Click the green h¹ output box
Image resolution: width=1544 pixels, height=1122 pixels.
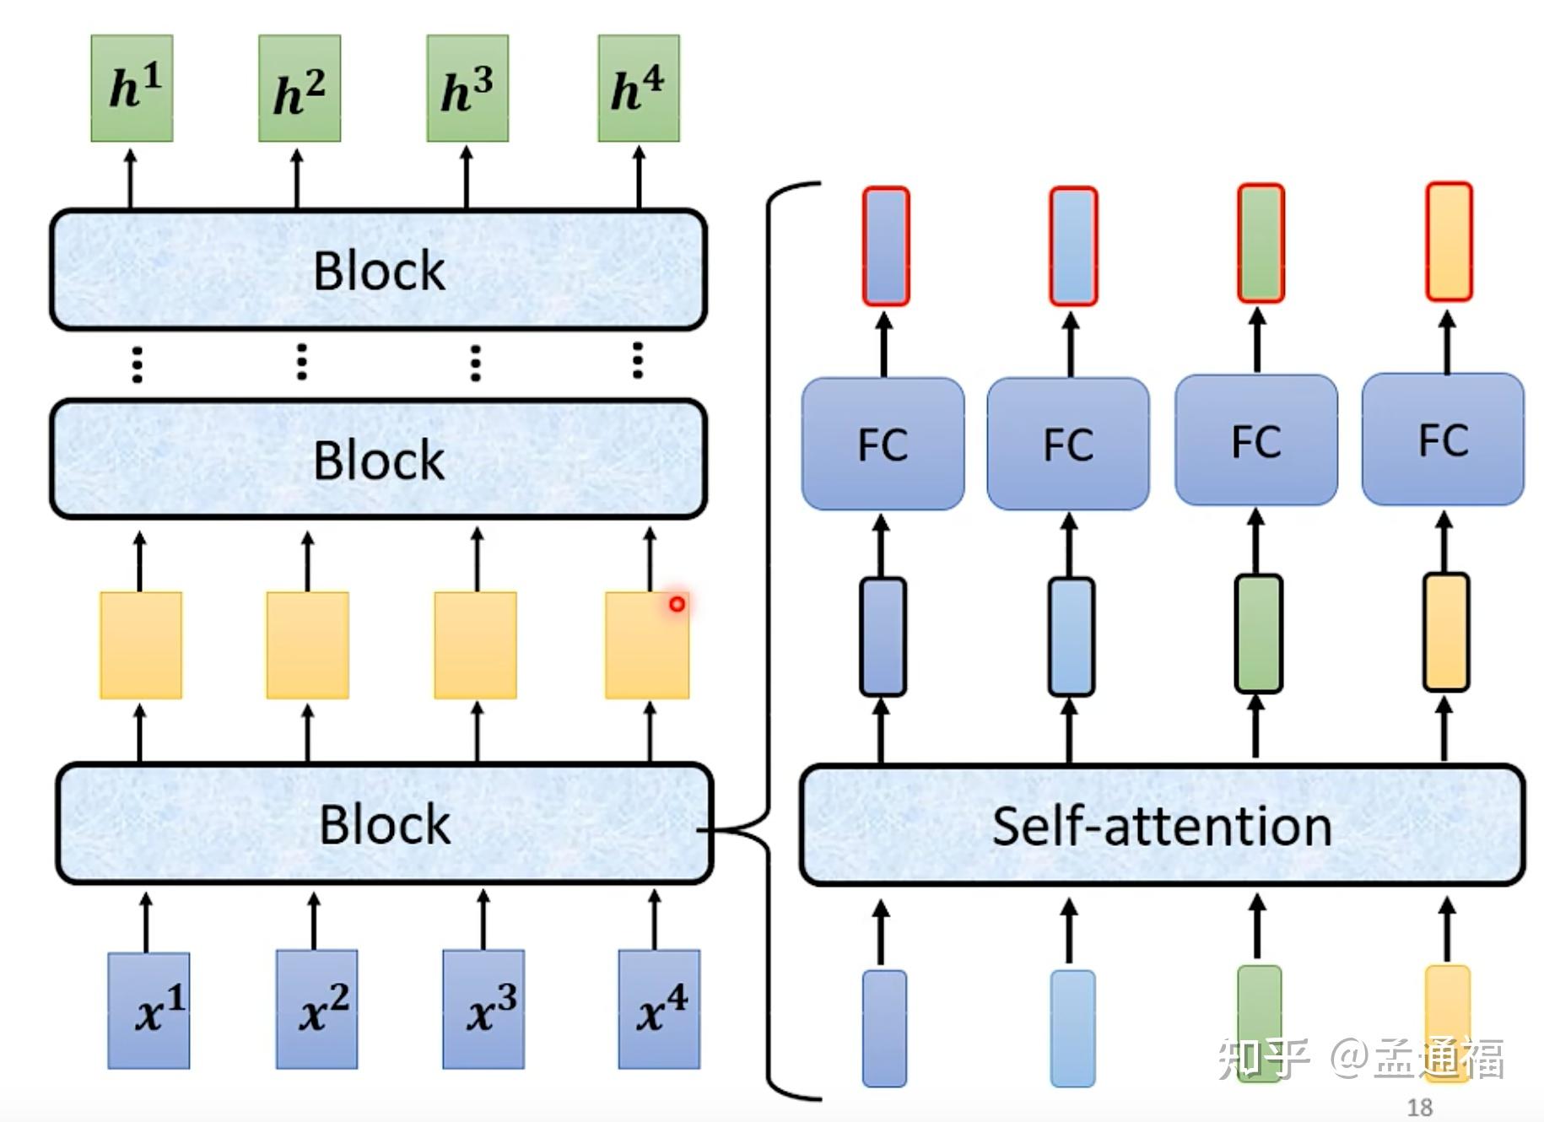tap(132, 88)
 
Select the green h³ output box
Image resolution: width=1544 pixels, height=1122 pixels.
tap(467, 88)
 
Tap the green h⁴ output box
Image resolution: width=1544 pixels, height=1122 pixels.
tap(639, 88)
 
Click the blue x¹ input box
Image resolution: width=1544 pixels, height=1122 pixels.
tap(148, 1010)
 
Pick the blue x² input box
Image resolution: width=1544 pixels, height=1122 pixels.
tap(316, 1010)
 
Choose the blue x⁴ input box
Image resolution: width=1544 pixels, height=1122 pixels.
tap(659, 1010)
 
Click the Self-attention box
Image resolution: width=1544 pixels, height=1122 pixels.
tap(1162, 826)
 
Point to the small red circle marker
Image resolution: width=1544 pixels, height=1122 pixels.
tap(677, 604)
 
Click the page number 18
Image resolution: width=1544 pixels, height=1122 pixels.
tap(1420, 1107)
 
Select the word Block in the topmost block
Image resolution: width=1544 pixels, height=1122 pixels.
tap(379, 271)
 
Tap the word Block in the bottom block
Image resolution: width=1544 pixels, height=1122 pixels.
tap(385, 824)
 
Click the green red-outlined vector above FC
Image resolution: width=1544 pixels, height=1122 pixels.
tap(1261, 244)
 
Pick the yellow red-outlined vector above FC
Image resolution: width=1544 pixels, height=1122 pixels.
tap(1449, 242)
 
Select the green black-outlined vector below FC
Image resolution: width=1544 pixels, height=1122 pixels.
tap(1258, 634)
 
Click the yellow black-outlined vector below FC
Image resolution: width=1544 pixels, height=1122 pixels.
tap(1446, 632)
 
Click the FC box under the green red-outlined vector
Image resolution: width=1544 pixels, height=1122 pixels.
tap(1256, 440)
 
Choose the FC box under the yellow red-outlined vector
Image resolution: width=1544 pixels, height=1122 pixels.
tap(1443, 440)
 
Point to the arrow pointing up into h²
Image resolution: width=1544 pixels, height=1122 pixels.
tap(297, 178)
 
